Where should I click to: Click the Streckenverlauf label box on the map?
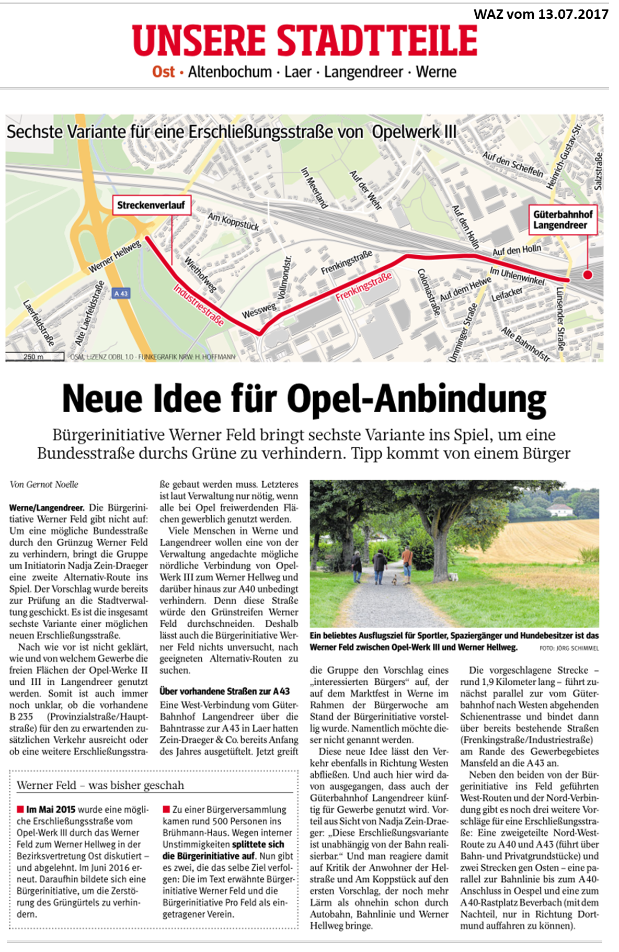pos(151,205)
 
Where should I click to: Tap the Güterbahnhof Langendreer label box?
pos(563,220)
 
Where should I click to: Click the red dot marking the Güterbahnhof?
pos(588,275)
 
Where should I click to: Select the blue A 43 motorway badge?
pos(121,293)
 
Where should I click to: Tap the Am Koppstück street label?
pos(233,221)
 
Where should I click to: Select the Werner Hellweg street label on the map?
pos(114,257)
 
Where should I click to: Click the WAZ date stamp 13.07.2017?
pos(541,14)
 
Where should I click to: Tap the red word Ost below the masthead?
pos(163,72)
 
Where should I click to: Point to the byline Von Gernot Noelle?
pos(44,484)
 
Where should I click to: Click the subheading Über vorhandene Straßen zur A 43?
pos(224,691)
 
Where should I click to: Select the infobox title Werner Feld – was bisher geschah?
pos(100,785)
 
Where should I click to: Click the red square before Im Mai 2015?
pos(20,809)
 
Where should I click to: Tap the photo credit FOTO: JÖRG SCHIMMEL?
pos(569,648)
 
